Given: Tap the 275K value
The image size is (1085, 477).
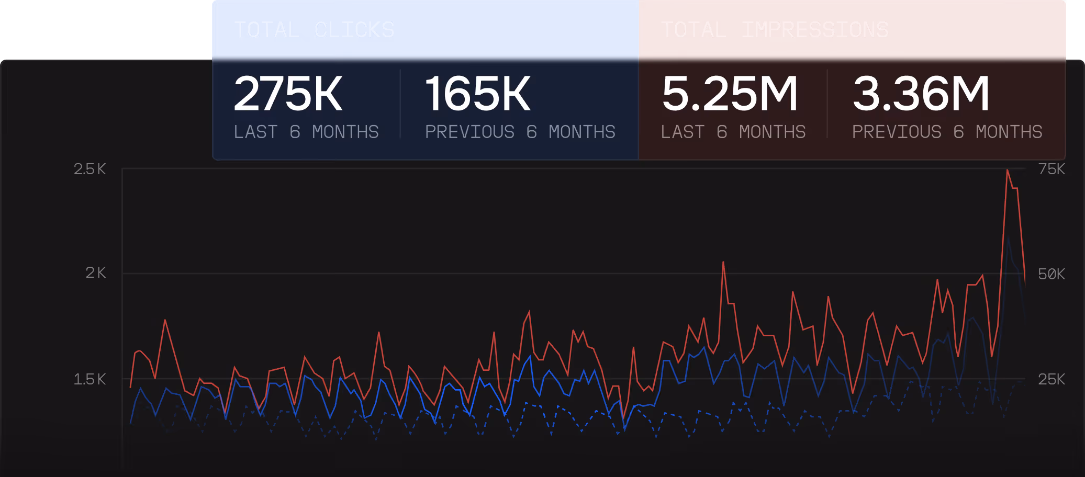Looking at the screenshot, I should coord(288,94).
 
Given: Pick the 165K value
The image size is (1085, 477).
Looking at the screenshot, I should coord(478,94).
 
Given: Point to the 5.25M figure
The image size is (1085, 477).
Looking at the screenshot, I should coord(730,94).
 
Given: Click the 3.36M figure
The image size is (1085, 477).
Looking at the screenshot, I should coord(921,94).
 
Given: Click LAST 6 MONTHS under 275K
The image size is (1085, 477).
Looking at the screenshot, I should coord(306,132).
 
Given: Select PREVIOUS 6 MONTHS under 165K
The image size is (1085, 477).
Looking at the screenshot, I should coord(520,132).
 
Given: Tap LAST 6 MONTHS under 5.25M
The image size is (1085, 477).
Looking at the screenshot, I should coord(733,132).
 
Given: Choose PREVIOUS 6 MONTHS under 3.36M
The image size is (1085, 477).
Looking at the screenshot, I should coord(947,132).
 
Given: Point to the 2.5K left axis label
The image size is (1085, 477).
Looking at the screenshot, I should coord(90,169).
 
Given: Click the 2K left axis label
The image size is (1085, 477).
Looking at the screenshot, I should coord(95,273).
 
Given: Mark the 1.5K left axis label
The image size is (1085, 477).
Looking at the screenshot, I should coord(90,379).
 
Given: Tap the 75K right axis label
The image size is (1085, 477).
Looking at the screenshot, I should coord(1052,169).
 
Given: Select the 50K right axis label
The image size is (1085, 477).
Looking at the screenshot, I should coord(1052,274).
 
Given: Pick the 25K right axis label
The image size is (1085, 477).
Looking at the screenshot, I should coord(1052,379).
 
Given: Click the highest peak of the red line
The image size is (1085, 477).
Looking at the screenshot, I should coord(1007,171).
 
